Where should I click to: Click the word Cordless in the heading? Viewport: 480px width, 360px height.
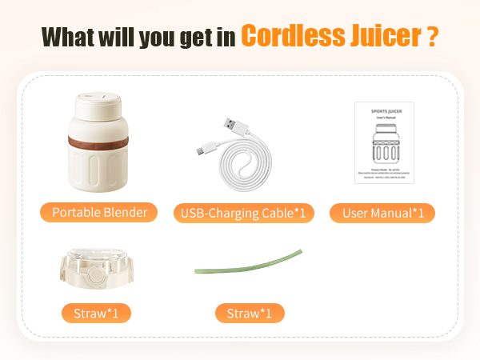[289, 36]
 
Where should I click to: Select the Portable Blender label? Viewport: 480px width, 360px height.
[99, 212]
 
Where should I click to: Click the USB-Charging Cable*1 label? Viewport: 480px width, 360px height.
[243, 213]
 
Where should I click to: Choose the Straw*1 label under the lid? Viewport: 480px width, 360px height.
[96, 311]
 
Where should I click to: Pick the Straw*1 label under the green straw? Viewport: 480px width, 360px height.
[249, 311]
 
